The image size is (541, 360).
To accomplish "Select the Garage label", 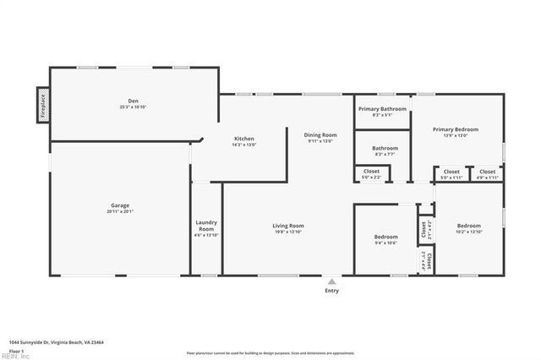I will [120, 205].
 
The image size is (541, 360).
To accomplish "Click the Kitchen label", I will [243, 139].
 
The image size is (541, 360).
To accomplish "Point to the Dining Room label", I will [321, 135].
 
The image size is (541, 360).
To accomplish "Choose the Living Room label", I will [288, 226].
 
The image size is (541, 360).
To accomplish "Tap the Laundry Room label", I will [206, 226].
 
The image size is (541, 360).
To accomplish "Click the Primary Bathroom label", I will [382, 109].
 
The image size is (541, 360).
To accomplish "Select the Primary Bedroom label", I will [456, 129].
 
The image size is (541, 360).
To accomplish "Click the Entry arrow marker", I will [332, 281].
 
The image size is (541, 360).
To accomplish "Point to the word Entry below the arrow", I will [332, 291].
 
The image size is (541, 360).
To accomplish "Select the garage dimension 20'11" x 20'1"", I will [120, 211].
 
